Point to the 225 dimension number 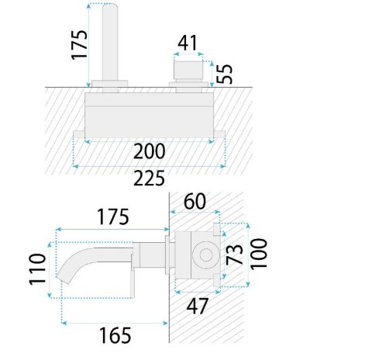(x=149, y=179)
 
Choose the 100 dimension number (x=261, y=253)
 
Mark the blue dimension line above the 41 (x=188, y=59)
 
